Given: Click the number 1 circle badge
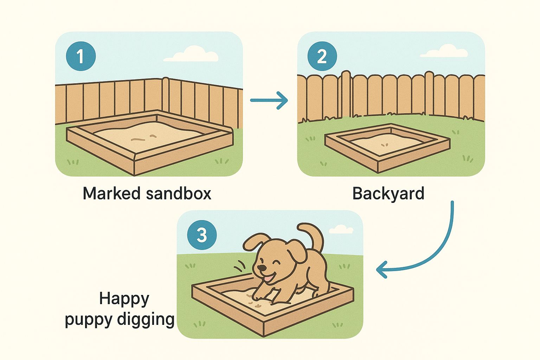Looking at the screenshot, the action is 81,56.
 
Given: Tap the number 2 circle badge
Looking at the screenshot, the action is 322,56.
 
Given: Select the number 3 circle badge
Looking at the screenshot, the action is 202,235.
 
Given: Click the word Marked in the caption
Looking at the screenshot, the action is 111,193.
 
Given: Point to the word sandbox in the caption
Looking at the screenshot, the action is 179,193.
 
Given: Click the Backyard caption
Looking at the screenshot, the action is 388,194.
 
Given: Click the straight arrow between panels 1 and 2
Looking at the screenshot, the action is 269,100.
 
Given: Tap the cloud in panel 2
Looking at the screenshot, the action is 444,51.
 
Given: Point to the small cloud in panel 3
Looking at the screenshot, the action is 341,229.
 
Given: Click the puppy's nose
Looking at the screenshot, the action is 261,268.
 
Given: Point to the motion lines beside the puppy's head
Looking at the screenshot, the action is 240,265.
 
